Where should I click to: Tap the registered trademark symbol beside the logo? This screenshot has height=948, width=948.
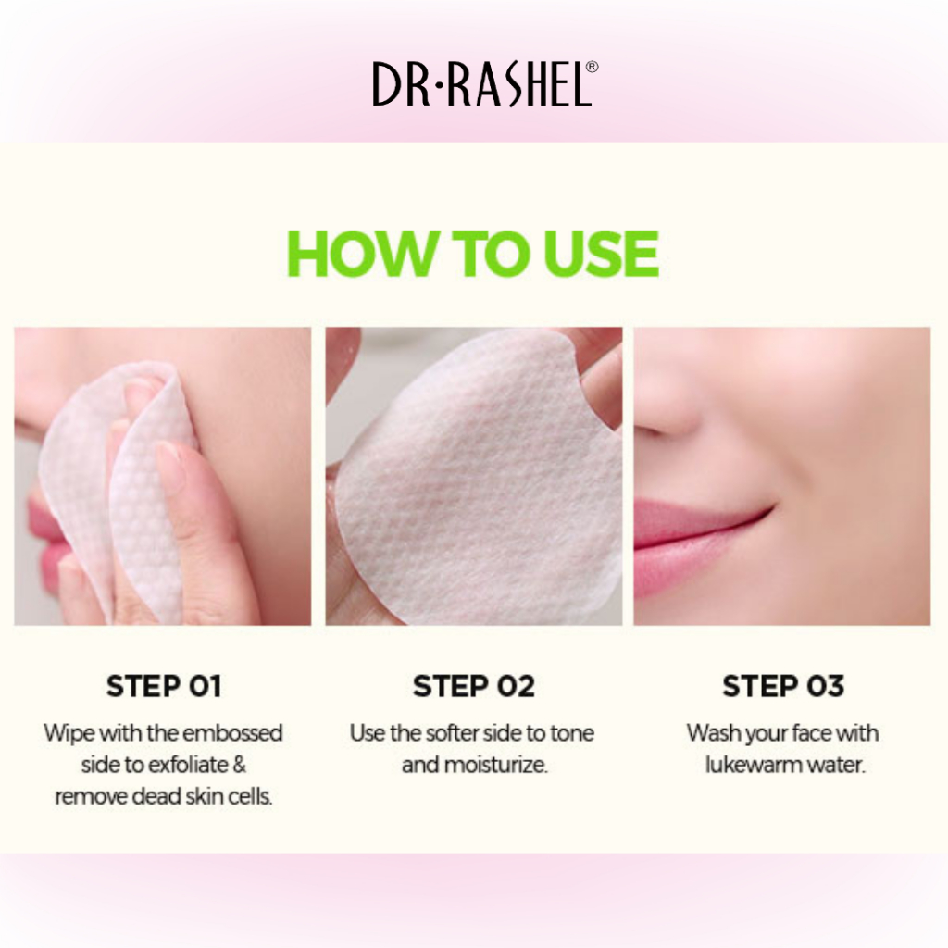click(x=592, y=67)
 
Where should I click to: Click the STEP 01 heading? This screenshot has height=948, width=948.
click(x=164, y=686)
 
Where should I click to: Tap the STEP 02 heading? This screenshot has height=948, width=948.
click(x=473, y=686)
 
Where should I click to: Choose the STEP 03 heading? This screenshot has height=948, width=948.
click(x=783, y=686)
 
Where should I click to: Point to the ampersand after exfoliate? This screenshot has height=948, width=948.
click(x=239, y=765)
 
